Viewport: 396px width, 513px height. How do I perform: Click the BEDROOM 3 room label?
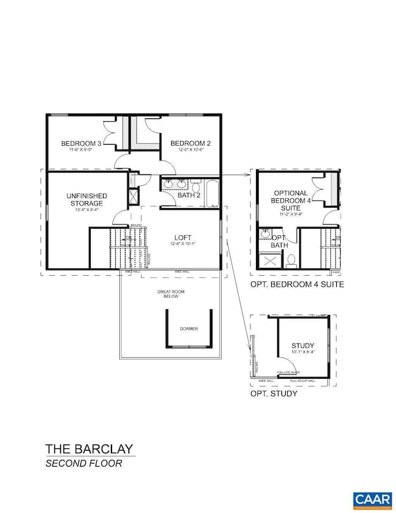coord(81,143)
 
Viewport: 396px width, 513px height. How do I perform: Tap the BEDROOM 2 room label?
coord(190,143)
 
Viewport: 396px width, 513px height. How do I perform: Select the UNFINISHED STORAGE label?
coord(87,200)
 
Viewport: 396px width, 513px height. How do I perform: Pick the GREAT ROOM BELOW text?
coord(171,295)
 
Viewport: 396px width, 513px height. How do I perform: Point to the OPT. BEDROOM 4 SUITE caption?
coord(297,285)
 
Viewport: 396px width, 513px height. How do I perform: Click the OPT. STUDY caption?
coord(274,393)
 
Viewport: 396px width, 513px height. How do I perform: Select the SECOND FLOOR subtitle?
coord(84,464)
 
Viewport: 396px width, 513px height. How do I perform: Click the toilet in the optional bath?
coord(291,260)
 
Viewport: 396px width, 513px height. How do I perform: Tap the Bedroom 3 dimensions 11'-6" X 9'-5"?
coord(81,150)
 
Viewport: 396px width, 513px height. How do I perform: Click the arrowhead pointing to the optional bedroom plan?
coord(249,175)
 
